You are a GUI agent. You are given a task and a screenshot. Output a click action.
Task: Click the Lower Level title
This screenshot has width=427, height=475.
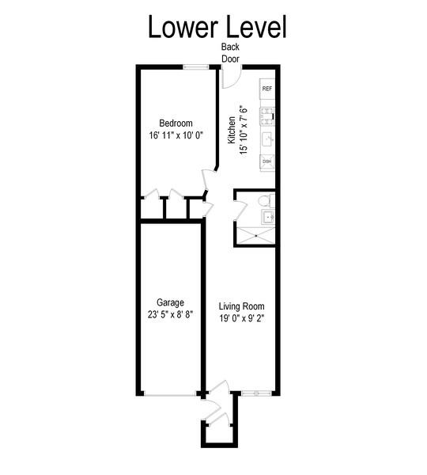tap(217, 27)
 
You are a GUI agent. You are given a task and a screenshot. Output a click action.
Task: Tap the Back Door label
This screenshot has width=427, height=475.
tap(230, 53)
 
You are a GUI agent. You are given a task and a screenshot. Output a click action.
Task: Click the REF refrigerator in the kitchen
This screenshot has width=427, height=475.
tap(267, 89)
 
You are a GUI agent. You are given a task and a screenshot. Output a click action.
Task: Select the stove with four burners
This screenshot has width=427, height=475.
tap(267, 116)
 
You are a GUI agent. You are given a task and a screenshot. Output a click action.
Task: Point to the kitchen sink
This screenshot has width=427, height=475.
tap(267, 139)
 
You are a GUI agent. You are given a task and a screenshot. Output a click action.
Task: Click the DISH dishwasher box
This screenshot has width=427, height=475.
tap(267, 161)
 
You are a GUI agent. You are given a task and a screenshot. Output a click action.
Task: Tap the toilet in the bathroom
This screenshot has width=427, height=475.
tap(266, 201)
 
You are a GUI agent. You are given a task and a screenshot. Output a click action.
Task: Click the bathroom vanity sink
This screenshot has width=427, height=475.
tap(267, 217)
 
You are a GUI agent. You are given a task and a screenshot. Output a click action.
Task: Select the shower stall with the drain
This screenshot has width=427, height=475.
tap(255, 235)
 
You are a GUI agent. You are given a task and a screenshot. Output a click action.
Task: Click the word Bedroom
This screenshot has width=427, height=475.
tap(176, 123)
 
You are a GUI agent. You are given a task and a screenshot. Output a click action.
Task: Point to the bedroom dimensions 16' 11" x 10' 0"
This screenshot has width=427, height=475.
tap(176, 135)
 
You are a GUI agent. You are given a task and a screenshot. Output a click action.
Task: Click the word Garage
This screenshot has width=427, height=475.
tap(170, 302)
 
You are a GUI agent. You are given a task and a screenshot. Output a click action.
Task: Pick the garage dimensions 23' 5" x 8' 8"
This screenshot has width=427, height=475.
tap(170, 315)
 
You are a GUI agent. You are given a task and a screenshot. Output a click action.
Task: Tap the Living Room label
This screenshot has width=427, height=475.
tap(241, 306)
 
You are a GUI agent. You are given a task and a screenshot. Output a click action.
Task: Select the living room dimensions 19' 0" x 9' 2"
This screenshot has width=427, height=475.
tap(242, 319)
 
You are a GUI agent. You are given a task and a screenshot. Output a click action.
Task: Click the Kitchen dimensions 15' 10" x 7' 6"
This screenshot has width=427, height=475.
tap(244, 130)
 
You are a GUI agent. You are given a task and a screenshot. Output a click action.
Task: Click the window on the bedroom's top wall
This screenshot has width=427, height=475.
tap(195, 67)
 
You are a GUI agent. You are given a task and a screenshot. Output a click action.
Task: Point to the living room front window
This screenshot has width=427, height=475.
tap(257, 393)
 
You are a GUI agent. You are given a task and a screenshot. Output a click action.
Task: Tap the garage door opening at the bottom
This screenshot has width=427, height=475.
tap(170, 395)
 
